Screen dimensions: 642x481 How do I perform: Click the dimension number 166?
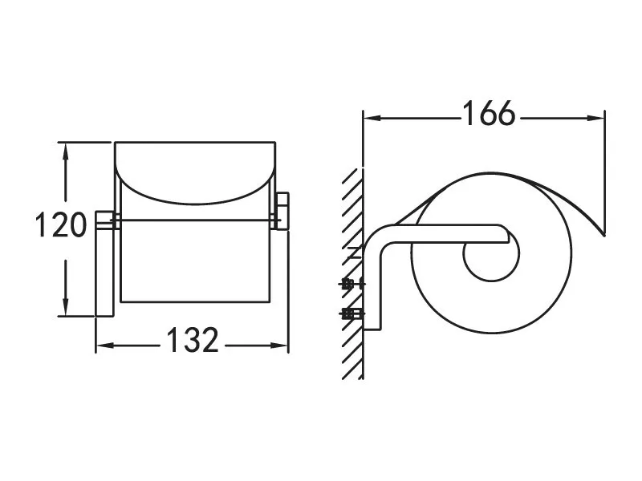(489, 113)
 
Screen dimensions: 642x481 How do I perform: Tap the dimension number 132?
(193, 340)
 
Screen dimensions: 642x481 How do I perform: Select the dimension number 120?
(61, 224)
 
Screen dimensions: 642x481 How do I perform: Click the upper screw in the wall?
(351, 284)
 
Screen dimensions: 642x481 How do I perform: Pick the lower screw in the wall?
(351, 313)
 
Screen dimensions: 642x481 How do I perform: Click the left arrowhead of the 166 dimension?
(372, 118)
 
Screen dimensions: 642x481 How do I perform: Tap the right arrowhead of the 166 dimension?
(595, 118)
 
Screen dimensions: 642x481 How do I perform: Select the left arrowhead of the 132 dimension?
(105, 346)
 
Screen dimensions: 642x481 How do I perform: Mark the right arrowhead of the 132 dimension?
(279, 346)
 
